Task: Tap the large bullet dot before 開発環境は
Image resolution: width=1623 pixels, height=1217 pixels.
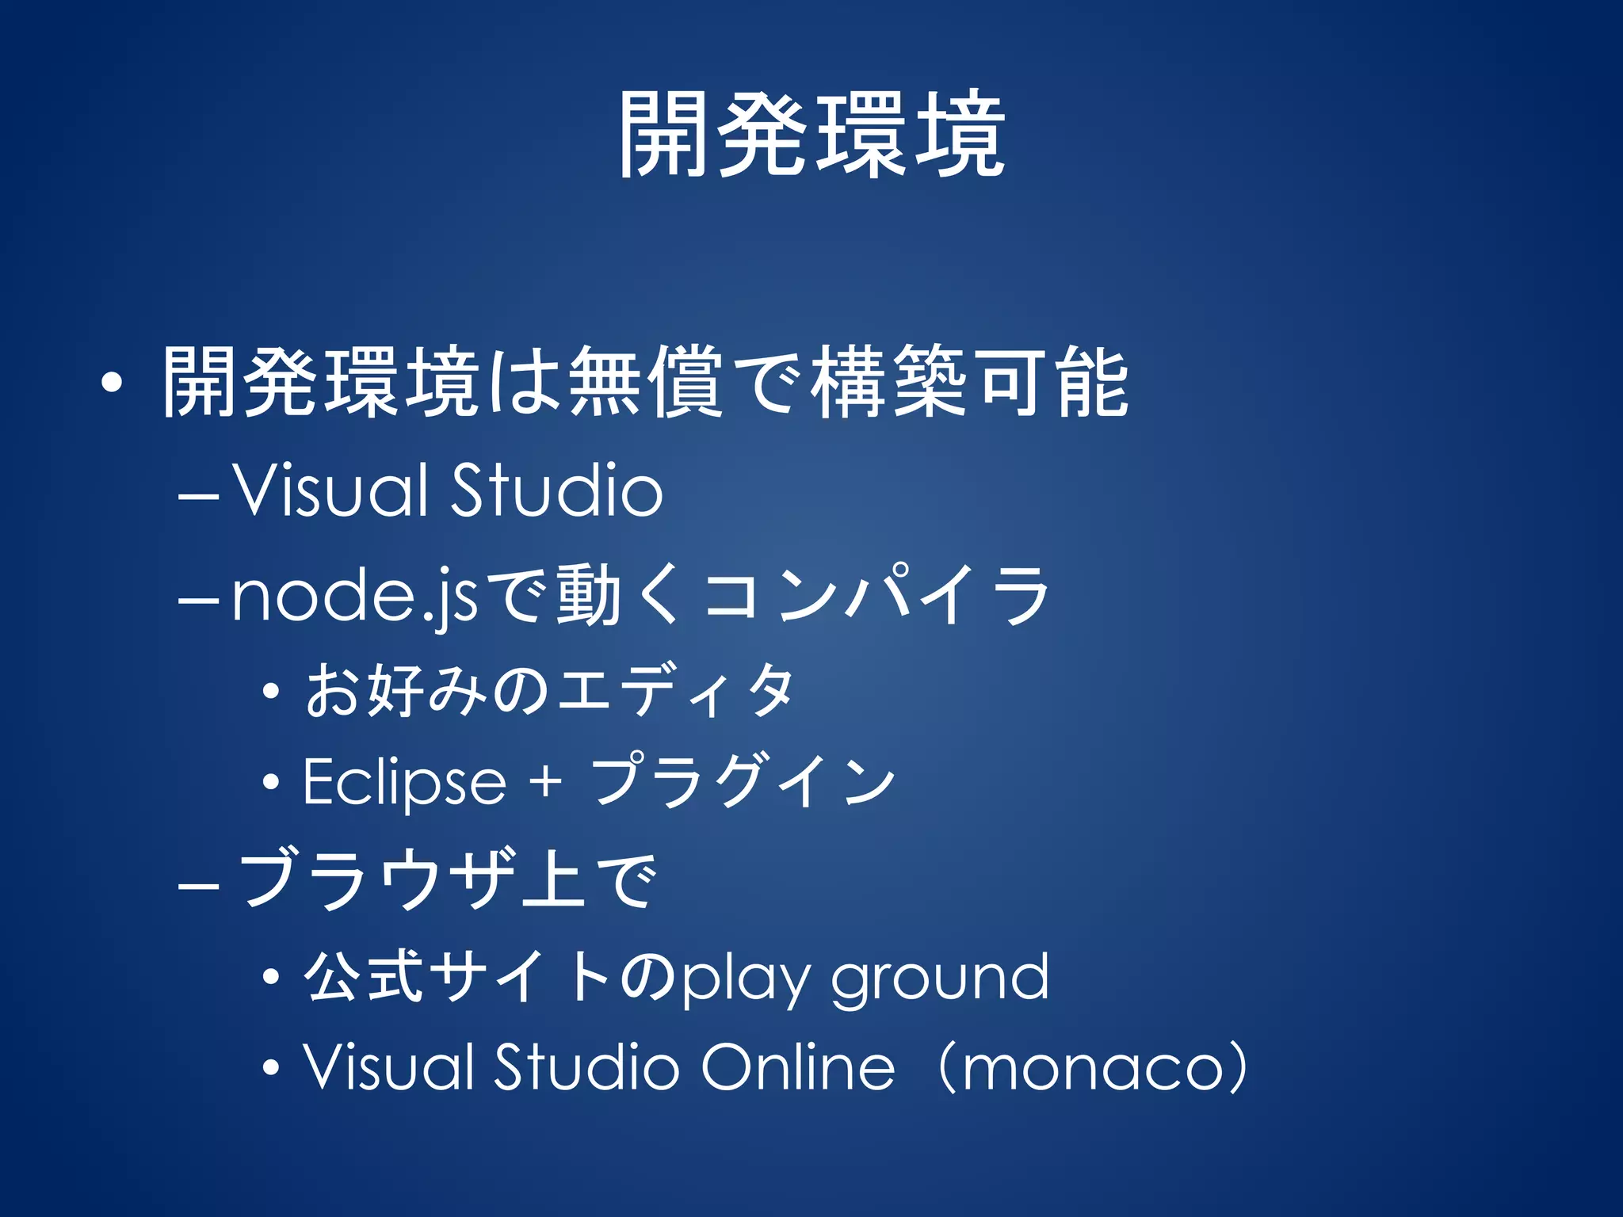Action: tap(112, 383)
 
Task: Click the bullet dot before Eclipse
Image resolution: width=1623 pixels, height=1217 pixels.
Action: tap(271, 783)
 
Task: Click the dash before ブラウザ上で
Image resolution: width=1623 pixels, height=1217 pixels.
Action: tap(198, 884)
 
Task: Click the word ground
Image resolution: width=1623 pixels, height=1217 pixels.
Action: tap(939, 979)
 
